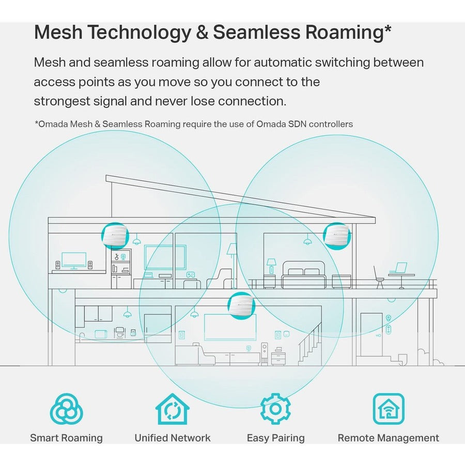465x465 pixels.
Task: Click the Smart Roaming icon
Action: (x=66, y=409)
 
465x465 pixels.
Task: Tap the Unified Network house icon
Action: (x=172, y=409)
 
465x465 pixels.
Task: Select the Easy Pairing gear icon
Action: (x=275, y=409)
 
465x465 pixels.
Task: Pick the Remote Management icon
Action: (x=389, y=409)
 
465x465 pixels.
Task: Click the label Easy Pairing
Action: (x=275, y=438)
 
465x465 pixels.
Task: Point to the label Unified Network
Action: (x=172, y=438)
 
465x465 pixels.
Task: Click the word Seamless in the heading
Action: (x=263, y=32)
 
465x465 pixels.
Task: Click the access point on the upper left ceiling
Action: (x=115, y=236)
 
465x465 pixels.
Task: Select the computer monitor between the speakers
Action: (x=74, y=260)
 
